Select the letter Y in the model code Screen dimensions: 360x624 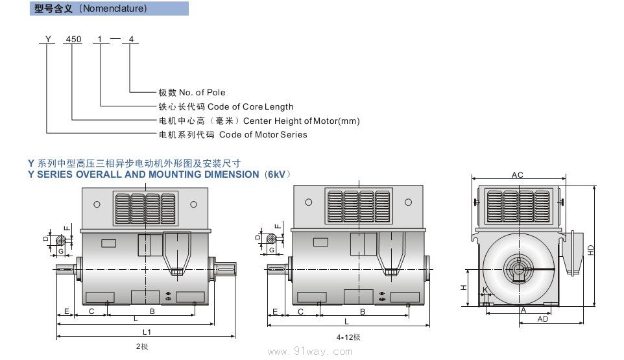click(47, 40)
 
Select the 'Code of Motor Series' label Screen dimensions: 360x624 click(263, 135)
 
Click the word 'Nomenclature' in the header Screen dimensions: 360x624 click(113, 8)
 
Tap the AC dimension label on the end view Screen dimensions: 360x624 click(517, 175)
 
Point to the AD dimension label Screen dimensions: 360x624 click(544, 319)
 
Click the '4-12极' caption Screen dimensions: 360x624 click(348, 337)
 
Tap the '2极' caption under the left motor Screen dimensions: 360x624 click(142, 346)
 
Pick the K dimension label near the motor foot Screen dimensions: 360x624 click(484, 290)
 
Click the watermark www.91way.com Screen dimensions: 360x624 click(310, 352)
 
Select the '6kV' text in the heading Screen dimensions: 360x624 click(278, 174)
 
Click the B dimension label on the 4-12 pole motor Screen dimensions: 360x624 click(363, 312)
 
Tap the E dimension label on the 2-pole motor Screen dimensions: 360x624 click(66, 312)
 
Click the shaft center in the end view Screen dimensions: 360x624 click(518, 269)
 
